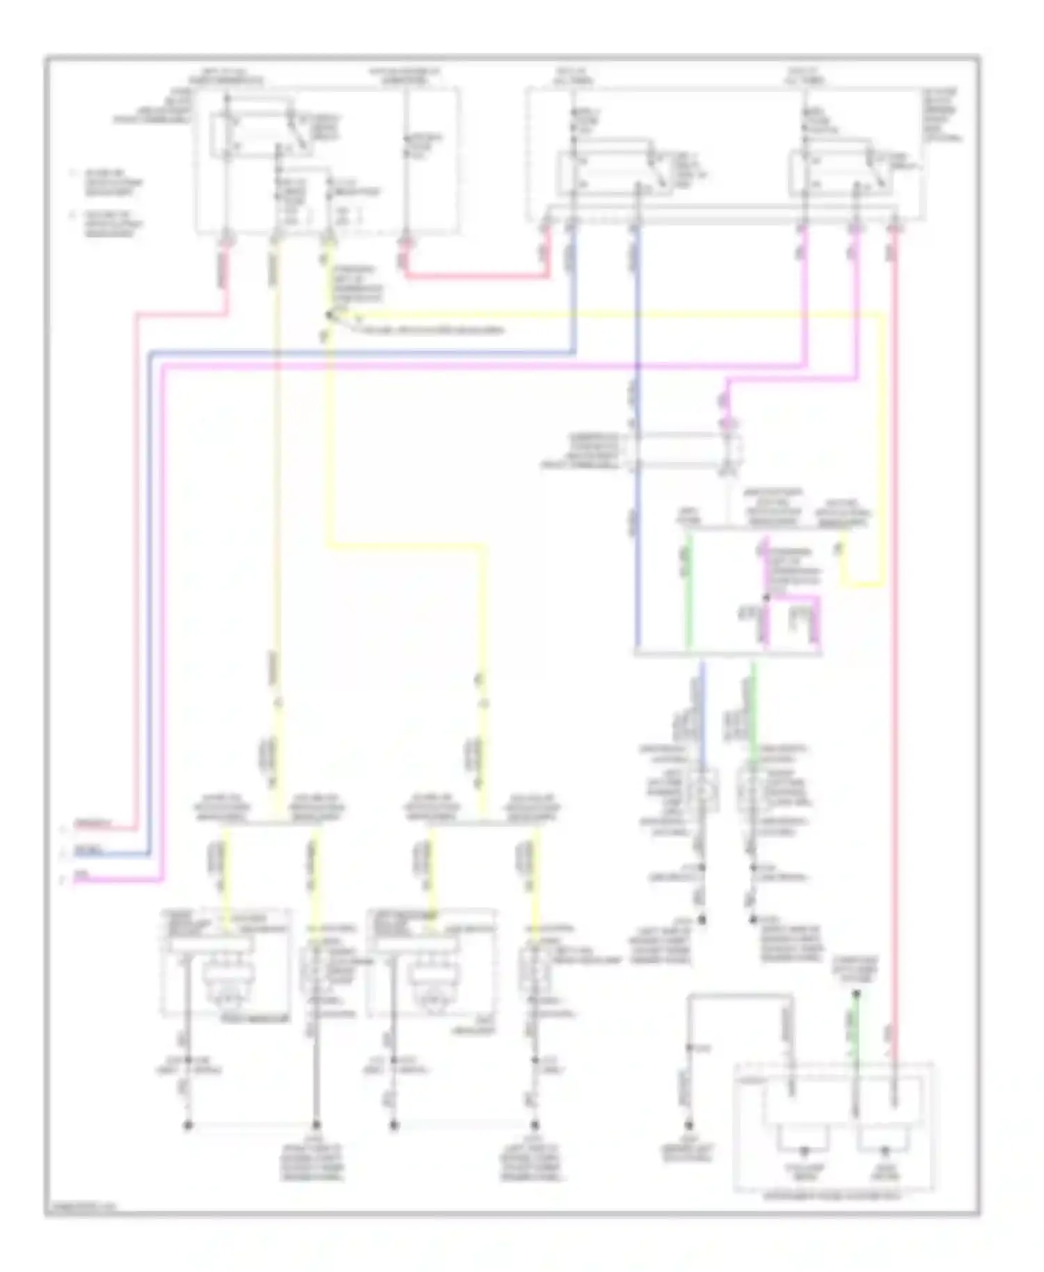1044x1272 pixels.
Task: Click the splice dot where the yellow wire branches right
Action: (329, 315)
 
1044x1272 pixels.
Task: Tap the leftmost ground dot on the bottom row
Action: (187, 1125)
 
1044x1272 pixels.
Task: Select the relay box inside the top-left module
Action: (254, 129)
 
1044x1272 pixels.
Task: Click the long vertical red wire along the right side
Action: (895, 626)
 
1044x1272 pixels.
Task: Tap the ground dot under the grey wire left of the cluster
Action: (689, 1125)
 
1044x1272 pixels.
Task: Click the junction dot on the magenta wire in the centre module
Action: (766, 597)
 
